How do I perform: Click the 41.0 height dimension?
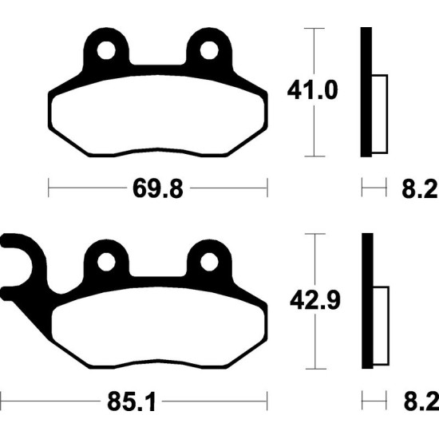point(312,90)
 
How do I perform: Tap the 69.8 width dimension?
point(158,188)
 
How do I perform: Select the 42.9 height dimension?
point(315,300)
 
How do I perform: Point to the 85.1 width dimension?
point(131,401)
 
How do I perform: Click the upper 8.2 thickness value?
point(420,188)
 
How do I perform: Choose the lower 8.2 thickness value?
point(421,401)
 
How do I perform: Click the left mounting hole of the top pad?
point(106,50)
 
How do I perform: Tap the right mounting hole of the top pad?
point(209,50)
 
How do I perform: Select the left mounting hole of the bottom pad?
point(106,263)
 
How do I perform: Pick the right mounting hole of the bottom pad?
point(209,263)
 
